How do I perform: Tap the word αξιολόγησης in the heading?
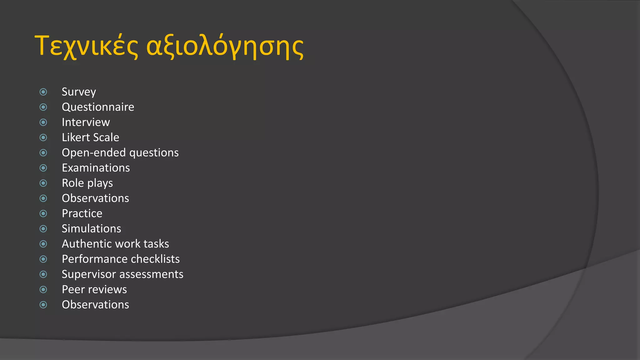coord(225,47)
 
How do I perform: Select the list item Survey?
coord(79,92)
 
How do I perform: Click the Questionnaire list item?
coord(98,107)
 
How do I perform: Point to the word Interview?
coord(86,122)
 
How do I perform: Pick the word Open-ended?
coord(94,153)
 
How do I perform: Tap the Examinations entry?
coord(96,168)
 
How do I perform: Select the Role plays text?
coord(87,183)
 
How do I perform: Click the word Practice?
coord(82,213)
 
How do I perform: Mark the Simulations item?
coord(91,229)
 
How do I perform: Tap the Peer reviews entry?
coord(94,289)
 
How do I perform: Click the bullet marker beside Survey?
coord(43,92)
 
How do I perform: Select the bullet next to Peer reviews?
coord(43,290)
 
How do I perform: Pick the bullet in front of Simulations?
coord(43,229)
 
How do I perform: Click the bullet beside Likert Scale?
coord(43,137)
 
